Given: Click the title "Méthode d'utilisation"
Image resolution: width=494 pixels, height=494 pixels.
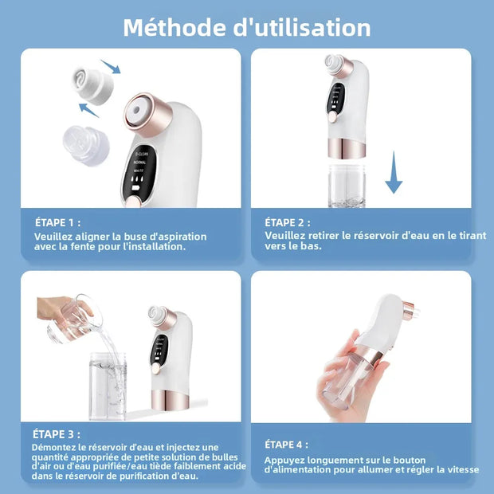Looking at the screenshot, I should pos(247,27).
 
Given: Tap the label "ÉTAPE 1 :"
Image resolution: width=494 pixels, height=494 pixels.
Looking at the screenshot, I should pos(57,223).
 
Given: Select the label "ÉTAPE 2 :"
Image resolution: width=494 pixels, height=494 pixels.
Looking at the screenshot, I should pos(288,223).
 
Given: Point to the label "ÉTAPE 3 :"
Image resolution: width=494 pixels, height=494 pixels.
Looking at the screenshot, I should pos(57,434).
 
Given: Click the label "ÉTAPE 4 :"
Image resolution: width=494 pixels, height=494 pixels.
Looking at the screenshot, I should pos(285,445).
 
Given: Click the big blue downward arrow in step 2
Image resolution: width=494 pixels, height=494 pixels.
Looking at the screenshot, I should pos(394,174).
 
